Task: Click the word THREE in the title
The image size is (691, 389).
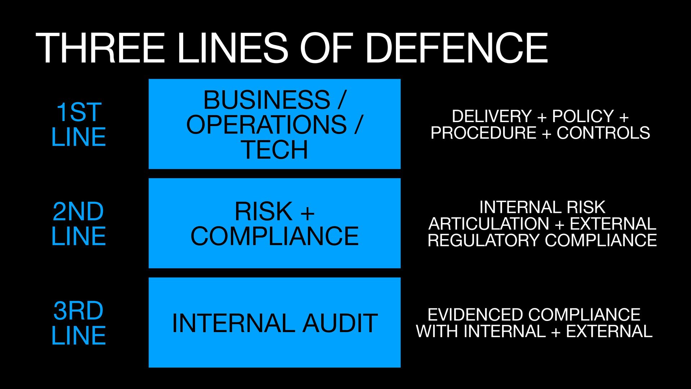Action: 100,48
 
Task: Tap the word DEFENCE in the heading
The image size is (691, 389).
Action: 456,48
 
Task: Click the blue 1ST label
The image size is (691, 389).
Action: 79,112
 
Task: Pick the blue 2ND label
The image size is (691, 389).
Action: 78,211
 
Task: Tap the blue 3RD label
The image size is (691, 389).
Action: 78,310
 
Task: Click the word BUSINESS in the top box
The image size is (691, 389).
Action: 266,100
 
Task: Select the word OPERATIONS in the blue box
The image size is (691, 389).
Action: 266,125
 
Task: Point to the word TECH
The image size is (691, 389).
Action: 274,149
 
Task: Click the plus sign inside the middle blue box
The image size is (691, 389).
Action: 307,213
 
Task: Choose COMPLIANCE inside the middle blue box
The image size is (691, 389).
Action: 274,236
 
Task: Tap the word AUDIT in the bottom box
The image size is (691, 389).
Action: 340,323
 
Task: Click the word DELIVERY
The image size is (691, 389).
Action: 491,116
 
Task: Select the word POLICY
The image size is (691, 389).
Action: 583,116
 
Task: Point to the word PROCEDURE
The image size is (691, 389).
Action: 483,133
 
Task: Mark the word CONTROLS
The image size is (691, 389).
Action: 603,133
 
